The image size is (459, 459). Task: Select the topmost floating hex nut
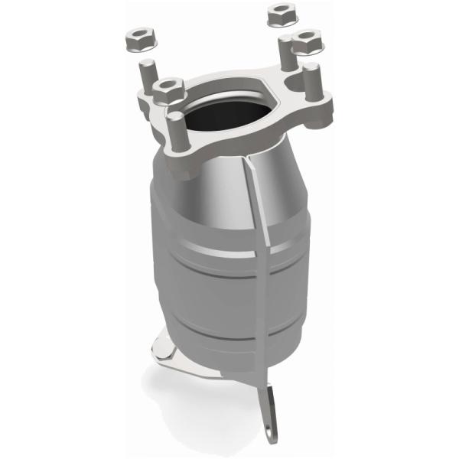pyautogui.click(x=276, y=13)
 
